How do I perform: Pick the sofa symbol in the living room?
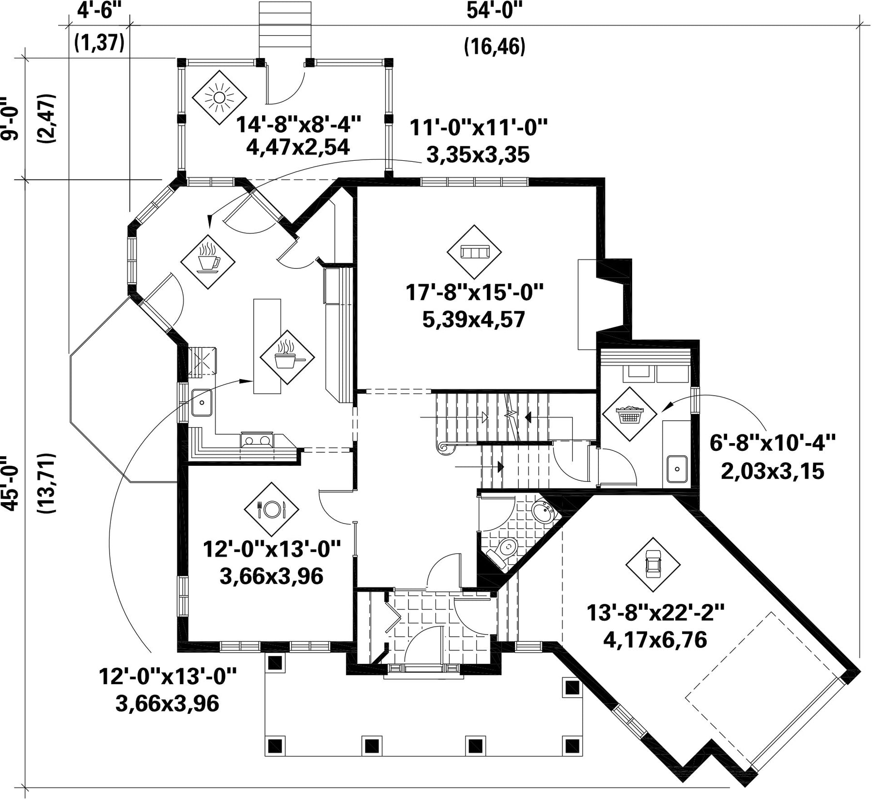pos(474,252)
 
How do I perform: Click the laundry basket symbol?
pos(629,414)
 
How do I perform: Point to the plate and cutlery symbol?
pos(271,508)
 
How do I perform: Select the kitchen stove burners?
pos(257,440)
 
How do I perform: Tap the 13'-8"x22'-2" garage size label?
pos(655,613)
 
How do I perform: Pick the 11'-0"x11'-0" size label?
pos(479,128)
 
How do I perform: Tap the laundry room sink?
pos(676,469)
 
